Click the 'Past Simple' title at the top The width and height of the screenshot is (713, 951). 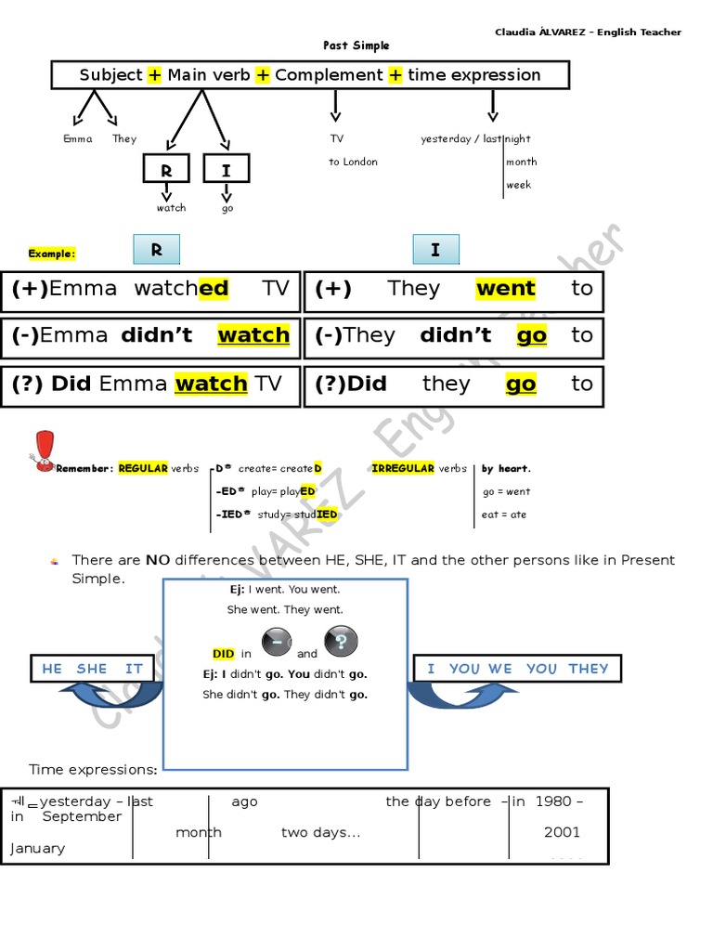[x=356, y=46]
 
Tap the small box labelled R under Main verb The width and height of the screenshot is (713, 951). [x=166, y=171]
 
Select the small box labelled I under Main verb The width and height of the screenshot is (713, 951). [x=227, y=171]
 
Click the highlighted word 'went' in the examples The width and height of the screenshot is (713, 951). [x=505, y=289]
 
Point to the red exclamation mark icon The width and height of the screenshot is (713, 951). [x=43, y=451]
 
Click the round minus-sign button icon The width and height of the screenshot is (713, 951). [x=277, y=642]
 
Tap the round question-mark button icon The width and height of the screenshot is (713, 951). [x=340, y=642]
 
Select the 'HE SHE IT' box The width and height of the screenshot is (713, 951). [x=92, y=669]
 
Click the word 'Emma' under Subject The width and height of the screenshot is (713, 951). [x=78, y=139]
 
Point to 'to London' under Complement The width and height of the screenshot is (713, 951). [x=353, y=162]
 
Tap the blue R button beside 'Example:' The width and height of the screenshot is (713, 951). [x=156, y=250]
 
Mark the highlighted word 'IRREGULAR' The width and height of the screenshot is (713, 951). [x=402, y=469]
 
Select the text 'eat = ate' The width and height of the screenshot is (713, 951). [x=503, y=515]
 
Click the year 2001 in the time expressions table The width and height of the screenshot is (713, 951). [x=562, y=832]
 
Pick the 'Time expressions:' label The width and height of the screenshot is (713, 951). [x=93, y=770]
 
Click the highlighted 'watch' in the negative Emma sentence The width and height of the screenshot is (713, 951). [x=253, y=335]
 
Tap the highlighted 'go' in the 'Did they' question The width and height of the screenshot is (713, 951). [x=521, y=384]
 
